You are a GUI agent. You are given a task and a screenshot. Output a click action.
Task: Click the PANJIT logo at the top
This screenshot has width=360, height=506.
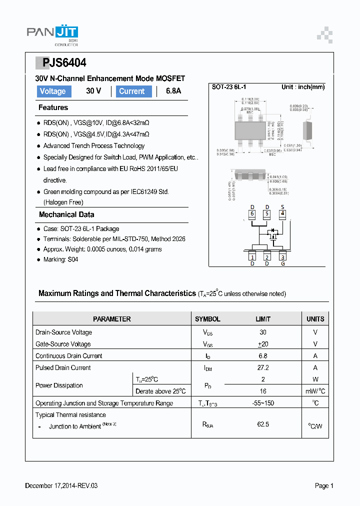(52, 34)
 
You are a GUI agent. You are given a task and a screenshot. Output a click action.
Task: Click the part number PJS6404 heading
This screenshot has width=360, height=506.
(61, 63)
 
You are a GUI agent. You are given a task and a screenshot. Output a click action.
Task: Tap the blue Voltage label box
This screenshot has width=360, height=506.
(53, 91)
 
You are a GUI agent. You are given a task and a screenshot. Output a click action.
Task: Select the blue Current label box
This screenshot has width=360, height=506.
(133, 91)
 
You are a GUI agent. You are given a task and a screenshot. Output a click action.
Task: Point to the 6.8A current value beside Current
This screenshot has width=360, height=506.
(173, 91)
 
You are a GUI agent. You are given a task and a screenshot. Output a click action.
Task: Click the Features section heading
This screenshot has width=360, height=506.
(53, 107)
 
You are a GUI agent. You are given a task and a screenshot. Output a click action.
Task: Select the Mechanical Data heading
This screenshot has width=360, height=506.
(66, 214)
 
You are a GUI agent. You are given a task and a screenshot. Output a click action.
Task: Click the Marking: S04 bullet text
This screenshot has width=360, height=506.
(60, 259)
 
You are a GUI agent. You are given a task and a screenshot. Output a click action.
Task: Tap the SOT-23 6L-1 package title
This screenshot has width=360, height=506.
(229, 87)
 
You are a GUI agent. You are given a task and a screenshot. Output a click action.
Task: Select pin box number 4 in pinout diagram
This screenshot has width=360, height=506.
(282, 214)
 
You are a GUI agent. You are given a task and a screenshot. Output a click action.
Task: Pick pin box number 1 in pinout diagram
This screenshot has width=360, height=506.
(252, 257)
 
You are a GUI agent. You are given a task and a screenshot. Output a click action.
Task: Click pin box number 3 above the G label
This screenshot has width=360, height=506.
(282, 257)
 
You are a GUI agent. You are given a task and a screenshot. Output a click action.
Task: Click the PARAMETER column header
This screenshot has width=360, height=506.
(111, 319)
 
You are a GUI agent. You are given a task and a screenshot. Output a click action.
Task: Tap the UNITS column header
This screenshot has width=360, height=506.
(315, 319)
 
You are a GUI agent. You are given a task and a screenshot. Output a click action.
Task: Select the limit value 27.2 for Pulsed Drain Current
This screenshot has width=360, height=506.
(263, 367)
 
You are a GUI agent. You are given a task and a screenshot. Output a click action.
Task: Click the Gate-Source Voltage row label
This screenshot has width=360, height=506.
(63, 344)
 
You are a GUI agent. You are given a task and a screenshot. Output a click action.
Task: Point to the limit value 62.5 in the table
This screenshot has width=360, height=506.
(263, 424)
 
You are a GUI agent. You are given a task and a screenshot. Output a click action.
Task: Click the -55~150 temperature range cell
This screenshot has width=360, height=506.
(263, 403)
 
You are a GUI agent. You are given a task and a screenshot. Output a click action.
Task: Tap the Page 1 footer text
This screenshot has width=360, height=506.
(324, 485)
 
